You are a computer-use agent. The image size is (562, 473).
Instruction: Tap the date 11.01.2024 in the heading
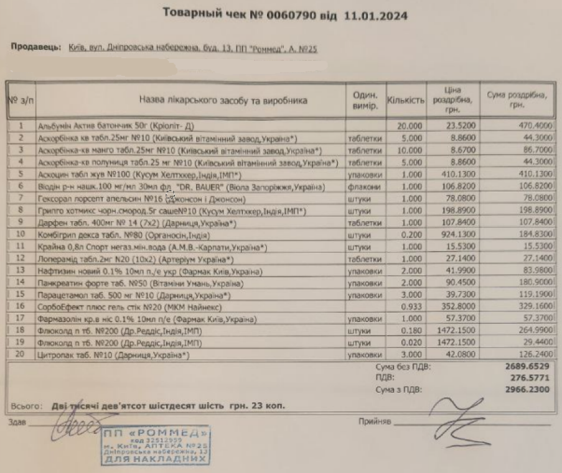pos(377,16)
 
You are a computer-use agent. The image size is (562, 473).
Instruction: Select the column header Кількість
pos(406,99)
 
